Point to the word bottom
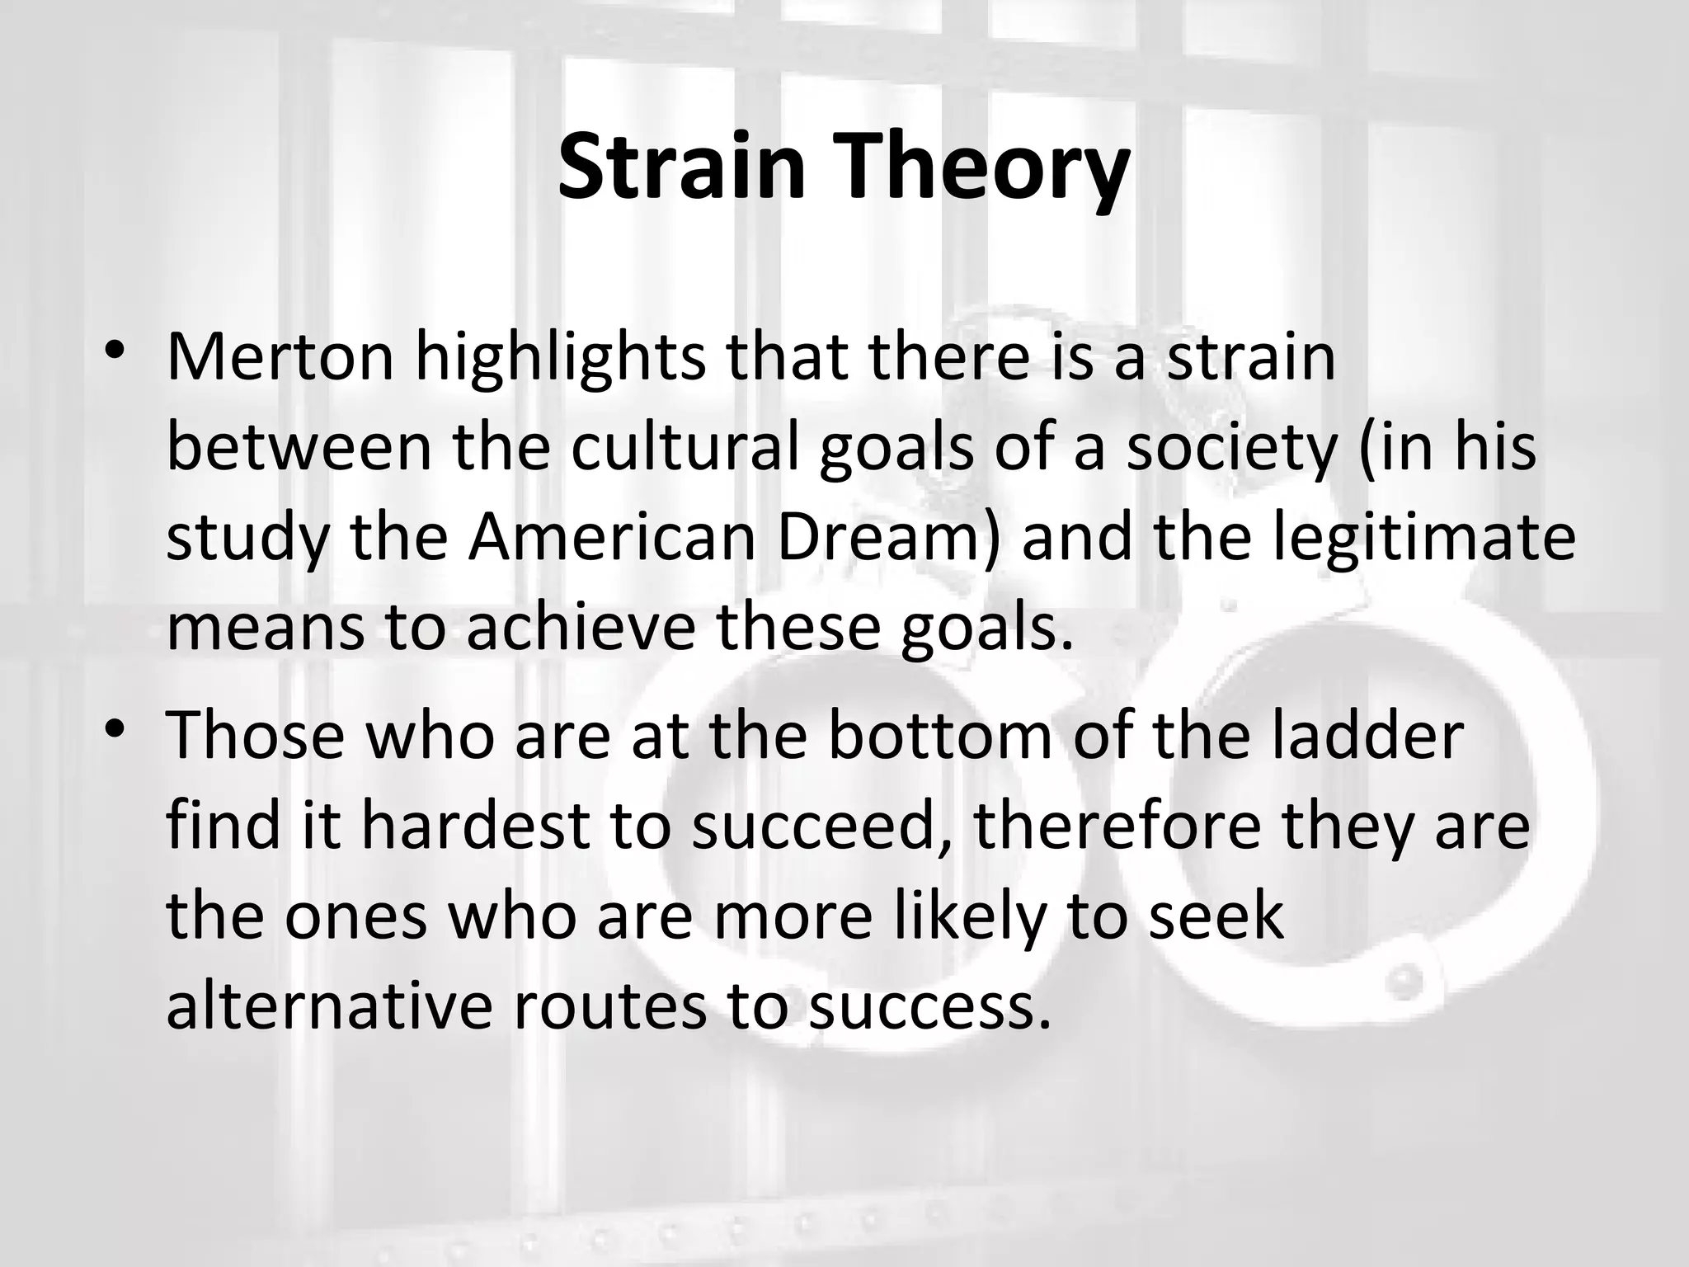[x=939, y=736]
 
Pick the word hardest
[x=474, y=826]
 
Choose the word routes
[x=609, y=1006]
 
